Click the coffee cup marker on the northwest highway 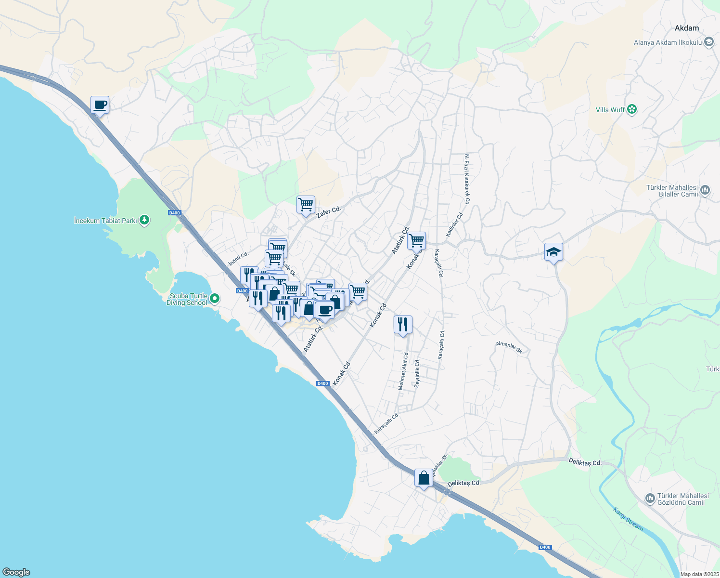100,105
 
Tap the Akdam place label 686,28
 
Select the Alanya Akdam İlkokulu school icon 708,42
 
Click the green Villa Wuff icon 632,110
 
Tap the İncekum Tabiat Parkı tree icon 144,221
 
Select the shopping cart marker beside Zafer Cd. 306,205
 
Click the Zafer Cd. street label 329,212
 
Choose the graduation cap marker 553,252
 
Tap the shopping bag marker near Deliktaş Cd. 424,478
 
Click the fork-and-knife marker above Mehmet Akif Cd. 403,325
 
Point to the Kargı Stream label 628,518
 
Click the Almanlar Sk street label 509,347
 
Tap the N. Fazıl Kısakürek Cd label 466,179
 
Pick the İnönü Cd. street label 238,259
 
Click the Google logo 16,572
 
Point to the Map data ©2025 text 699,574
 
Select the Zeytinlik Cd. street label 417,373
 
